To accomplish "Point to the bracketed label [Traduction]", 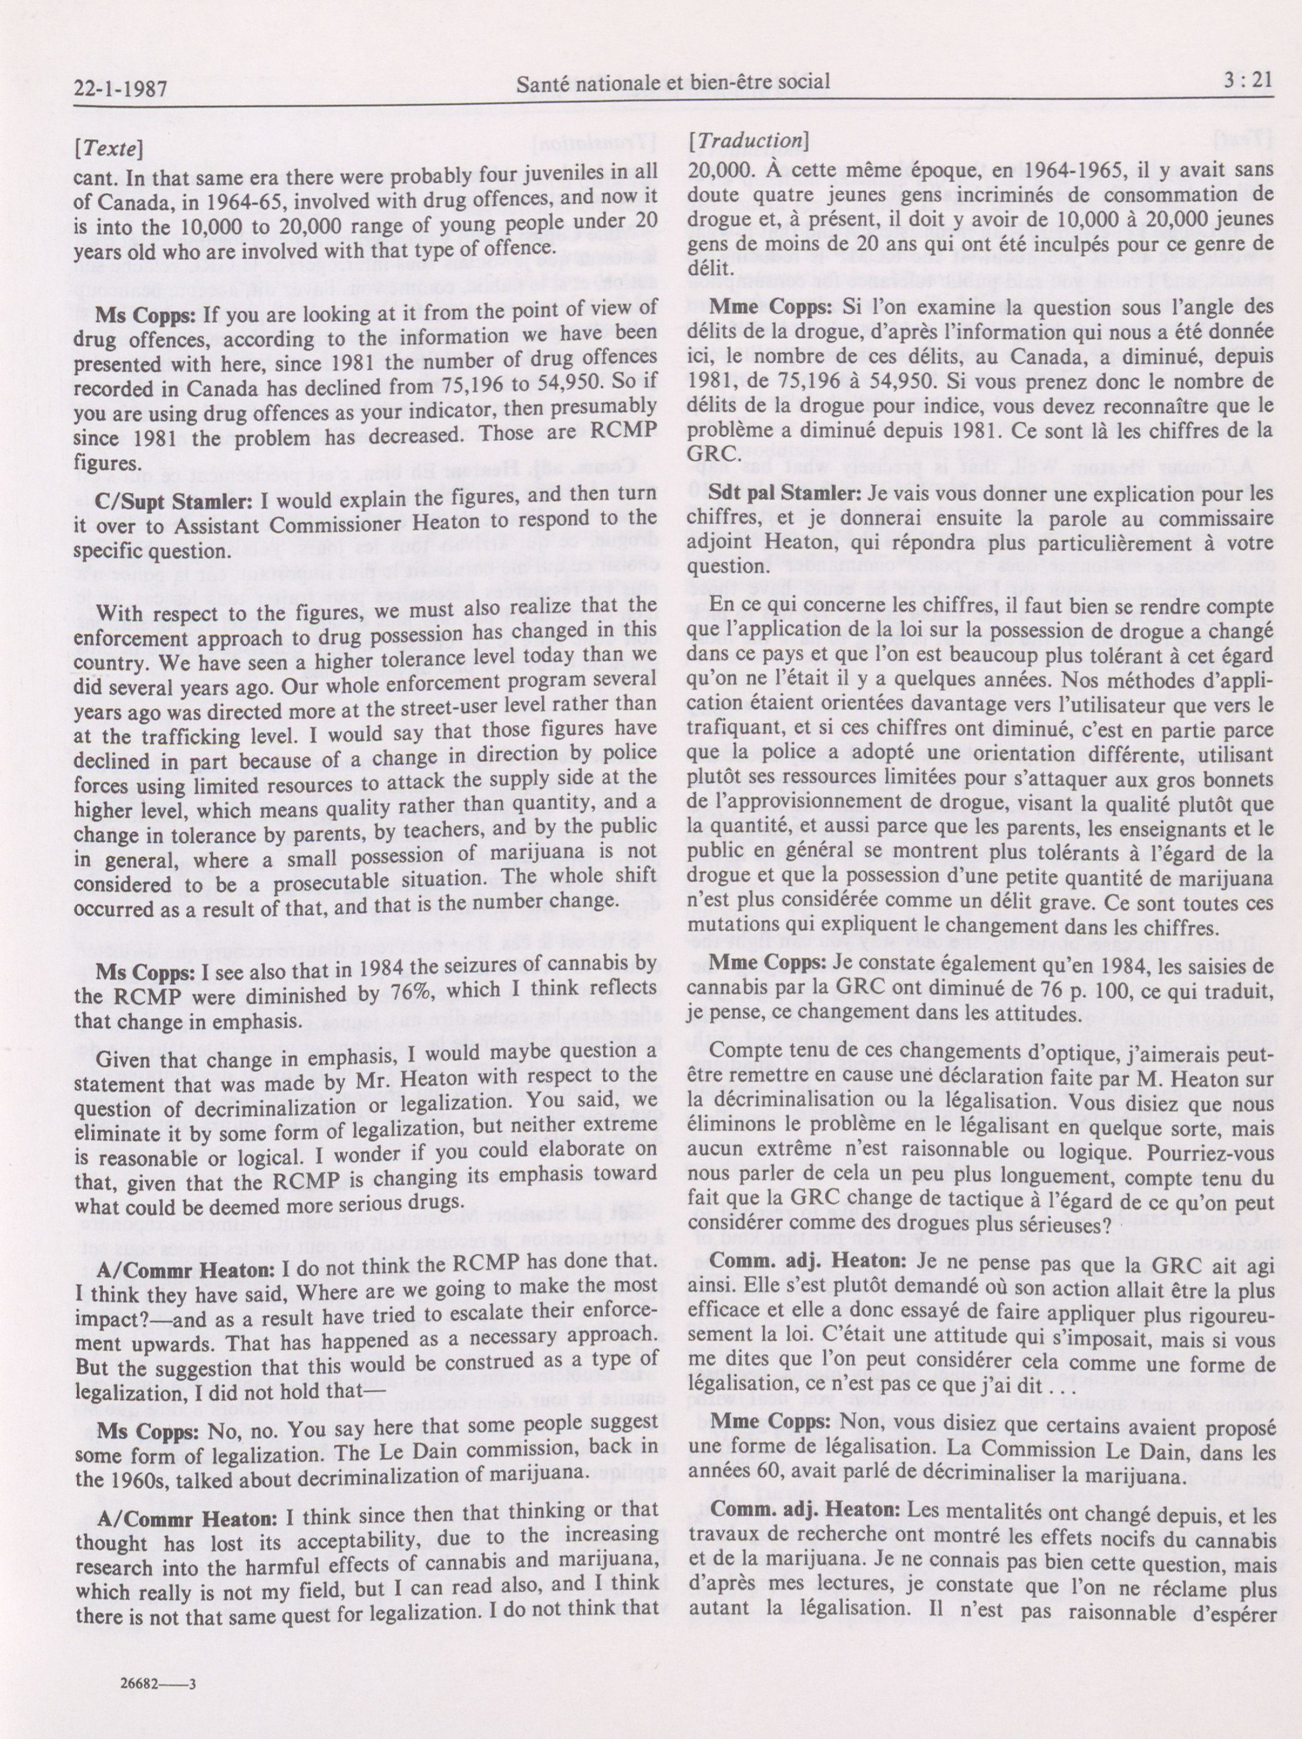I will click(x=747, y=141).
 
